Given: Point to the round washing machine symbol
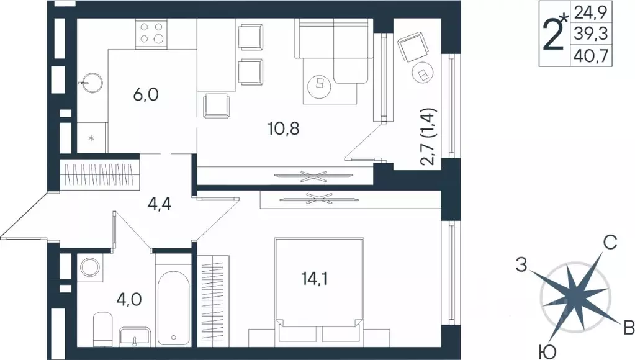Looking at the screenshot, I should tap(90, 268).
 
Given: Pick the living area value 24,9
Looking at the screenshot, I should tap(589, 12).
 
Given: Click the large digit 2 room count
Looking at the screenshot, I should tap(552, 35).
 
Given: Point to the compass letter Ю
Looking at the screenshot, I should tap(546, 353).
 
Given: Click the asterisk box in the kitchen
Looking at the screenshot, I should tap(91, 137).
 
